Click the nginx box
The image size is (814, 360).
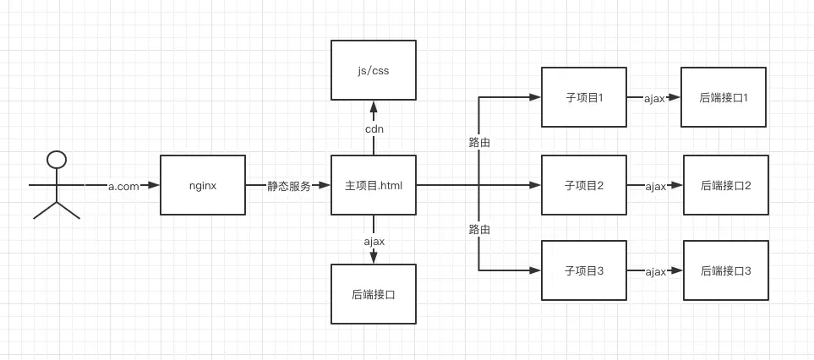pyautogui.click(x=203, y=185)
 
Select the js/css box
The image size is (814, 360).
pyautogui.click(x=373, y=70)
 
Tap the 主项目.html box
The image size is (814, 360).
pyautogui.click(x=373, y=185)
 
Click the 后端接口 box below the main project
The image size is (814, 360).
pyautogui.click(x=373, y=294)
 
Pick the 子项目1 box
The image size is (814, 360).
pyautogui.click(x=583, y=97)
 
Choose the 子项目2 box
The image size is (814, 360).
pyautogui.click(x=583, y=185)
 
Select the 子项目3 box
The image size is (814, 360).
pyautogui.click(x=583, y=270)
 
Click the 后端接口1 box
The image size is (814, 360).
pyautogui.click(x=723, y=97)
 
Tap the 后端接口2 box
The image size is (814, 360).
pyautogui.click(x=725, y=185)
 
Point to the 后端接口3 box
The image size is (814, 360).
pyautogui.click(x=725, y=270)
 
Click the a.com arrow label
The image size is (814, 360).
pyautogui.click(x=123, y=186)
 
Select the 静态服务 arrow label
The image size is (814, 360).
pyautogui.click(x=287, y=186)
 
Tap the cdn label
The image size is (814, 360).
pyautogui.click(x=374, y=129)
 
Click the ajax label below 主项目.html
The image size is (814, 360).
pyautogui.click(x=374, y=241)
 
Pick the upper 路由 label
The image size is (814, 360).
pyautogui.click(x=479, y=142)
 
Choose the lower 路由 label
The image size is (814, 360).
pyautogui.click(x=479, y=229)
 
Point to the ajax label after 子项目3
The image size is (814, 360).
pyautogui.click(x=656, y=271)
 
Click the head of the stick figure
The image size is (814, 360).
pyautogui.click(x=57, y=159)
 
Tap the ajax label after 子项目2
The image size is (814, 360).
pyautogui.click(x=656, y=186)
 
